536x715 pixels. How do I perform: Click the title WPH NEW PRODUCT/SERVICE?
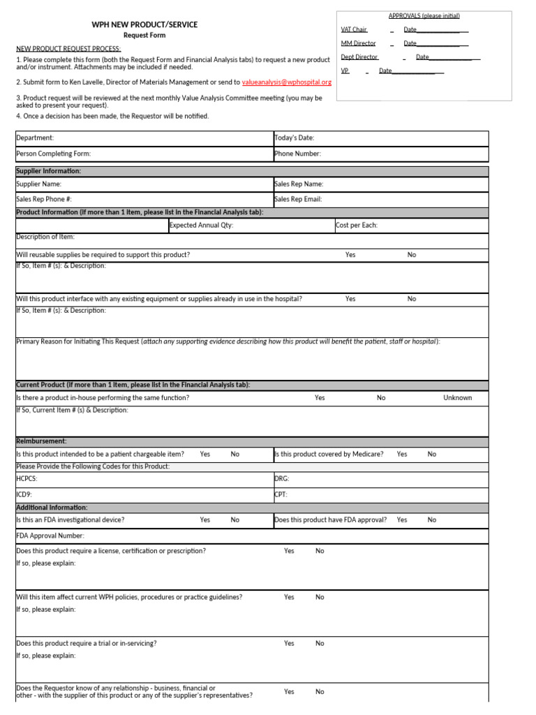tap(144, 24)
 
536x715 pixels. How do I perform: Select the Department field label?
tap(35, 138)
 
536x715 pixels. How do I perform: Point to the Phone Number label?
tap(298, 154)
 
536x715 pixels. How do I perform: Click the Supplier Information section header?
tap(49, 171)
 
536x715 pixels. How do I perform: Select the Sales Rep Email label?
tap(298, 199)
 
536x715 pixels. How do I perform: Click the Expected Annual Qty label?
tap(202, 226)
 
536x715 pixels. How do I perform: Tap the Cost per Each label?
tap(357, 226)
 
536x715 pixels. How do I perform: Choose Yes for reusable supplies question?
tap(350, 255)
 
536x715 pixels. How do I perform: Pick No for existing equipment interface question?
tap(412, 299)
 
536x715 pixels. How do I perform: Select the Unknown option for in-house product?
tap(457, 398)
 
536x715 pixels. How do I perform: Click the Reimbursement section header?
tap(41, 441)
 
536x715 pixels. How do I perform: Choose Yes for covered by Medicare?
tap(402, 454)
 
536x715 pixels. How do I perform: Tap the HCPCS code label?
tap(27, 479)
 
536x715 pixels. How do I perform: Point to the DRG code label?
tap(282, 479)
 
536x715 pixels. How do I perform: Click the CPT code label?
tap(281, 494)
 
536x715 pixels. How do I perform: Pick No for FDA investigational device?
tap(235, 519)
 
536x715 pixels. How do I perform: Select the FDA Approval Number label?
tap(50, 536)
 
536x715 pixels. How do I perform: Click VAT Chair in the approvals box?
tap(354, 29)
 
